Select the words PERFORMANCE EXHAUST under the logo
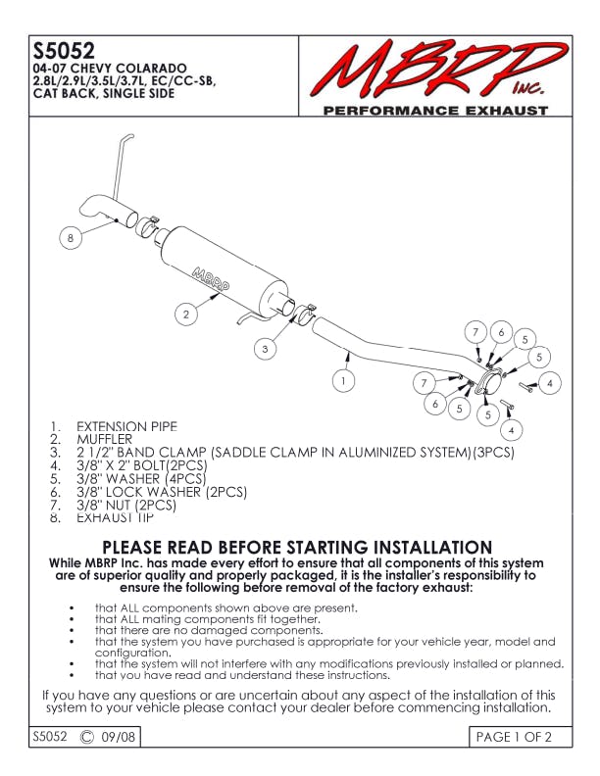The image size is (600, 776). pyautogui.click(x=435, y=111)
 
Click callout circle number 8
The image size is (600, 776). pyautogui.click(x=70, y=238)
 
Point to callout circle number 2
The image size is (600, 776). pyautogui.click(x=185, y=314)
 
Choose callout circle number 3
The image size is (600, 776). pyautogui.click(x=265, y=347)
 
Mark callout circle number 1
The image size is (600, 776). pyautogui.click(x=344, y=377)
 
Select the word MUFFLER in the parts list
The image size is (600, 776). pyautogui.click(x=104, y=440)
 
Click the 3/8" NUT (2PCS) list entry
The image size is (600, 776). pyautogui.click(x=126, y=505)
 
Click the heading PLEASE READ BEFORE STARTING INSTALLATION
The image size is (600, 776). pyautogui.click(x=297, y=547)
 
